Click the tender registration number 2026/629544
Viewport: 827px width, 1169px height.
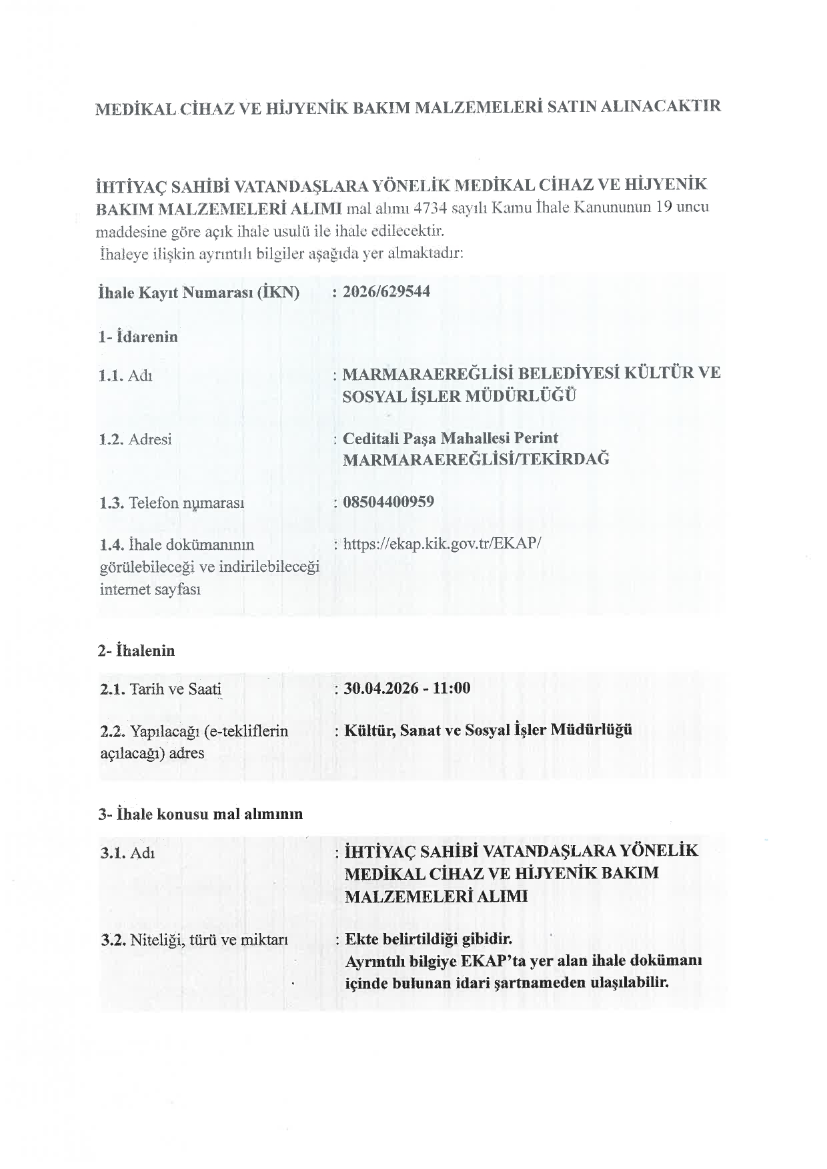click(386, 292)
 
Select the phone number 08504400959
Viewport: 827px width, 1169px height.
click(388, 502)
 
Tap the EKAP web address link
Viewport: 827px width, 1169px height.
click(442, 544)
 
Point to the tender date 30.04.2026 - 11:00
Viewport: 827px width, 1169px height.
click(407, 688)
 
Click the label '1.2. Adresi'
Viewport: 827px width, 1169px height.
click(135, 439)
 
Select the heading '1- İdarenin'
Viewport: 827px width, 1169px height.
click(138, 337)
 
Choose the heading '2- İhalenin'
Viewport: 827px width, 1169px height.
click(137, 650)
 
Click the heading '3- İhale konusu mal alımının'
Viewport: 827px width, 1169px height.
click(201, 814)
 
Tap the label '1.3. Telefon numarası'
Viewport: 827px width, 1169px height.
click(172, 503)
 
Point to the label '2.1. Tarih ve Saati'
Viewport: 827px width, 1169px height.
click(161, 689)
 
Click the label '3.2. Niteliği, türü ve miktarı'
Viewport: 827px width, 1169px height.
click(194, 940)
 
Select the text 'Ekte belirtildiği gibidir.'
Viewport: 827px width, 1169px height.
click(428, 939)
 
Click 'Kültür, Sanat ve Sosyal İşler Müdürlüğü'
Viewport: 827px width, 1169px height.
click(488, 730)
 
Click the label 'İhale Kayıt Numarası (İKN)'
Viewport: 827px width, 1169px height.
click(199, 293)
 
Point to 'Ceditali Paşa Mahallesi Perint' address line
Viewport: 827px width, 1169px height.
click(450, 439)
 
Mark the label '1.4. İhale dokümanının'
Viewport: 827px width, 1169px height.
click(177, 545)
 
